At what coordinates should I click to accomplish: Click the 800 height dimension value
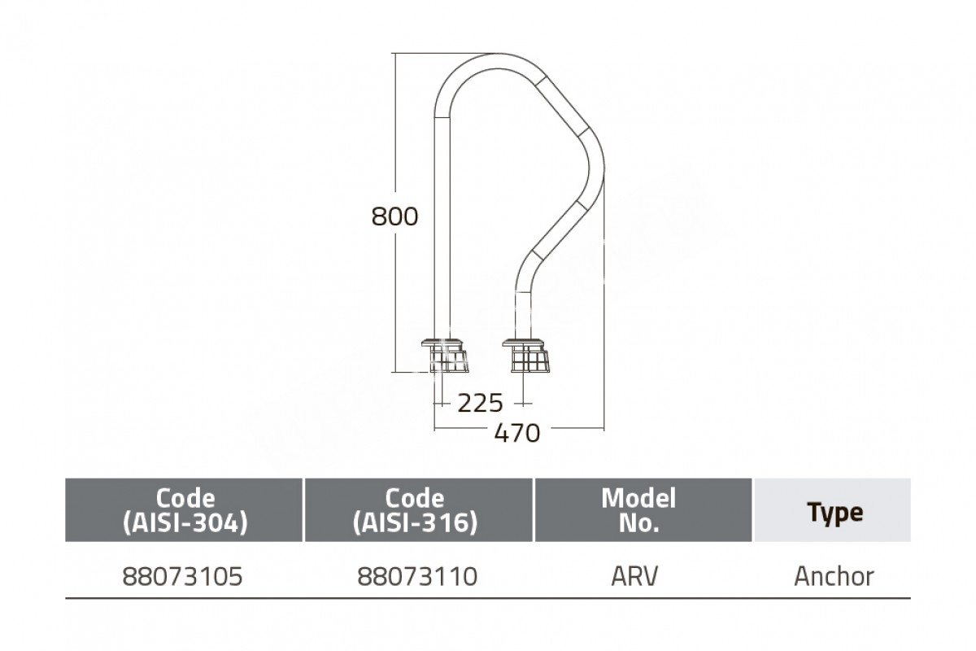click(x=394, y=216)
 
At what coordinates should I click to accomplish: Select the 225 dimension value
click(x=480, y=403)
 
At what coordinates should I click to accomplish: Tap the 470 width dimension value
click(x=517, y=433)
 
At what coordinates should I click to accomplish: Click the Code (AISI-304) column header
click(x=185, y=510)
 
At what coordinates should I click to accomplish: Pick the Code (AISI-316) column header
click(x=415, y=510)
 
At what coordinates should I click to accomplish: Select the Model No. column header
click(x=638, y=510)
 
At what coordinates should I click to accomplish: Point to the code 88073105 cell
click(x=182, y=576)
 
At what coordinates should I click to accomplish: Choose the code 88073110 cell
click(x=417, y=576)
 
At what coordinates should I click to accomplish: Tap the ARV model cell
click(x=634, y=576)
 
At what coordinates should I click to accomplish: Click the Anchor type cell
click(x=834, y=576)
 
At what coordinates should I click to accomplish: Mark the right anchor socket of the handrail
click(x=526, y=356)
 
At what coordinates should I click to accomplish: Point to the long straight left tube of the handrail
click(x=442, y=227)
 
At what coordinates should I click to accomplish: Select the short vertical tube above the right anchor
click(x=523, y=315)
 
